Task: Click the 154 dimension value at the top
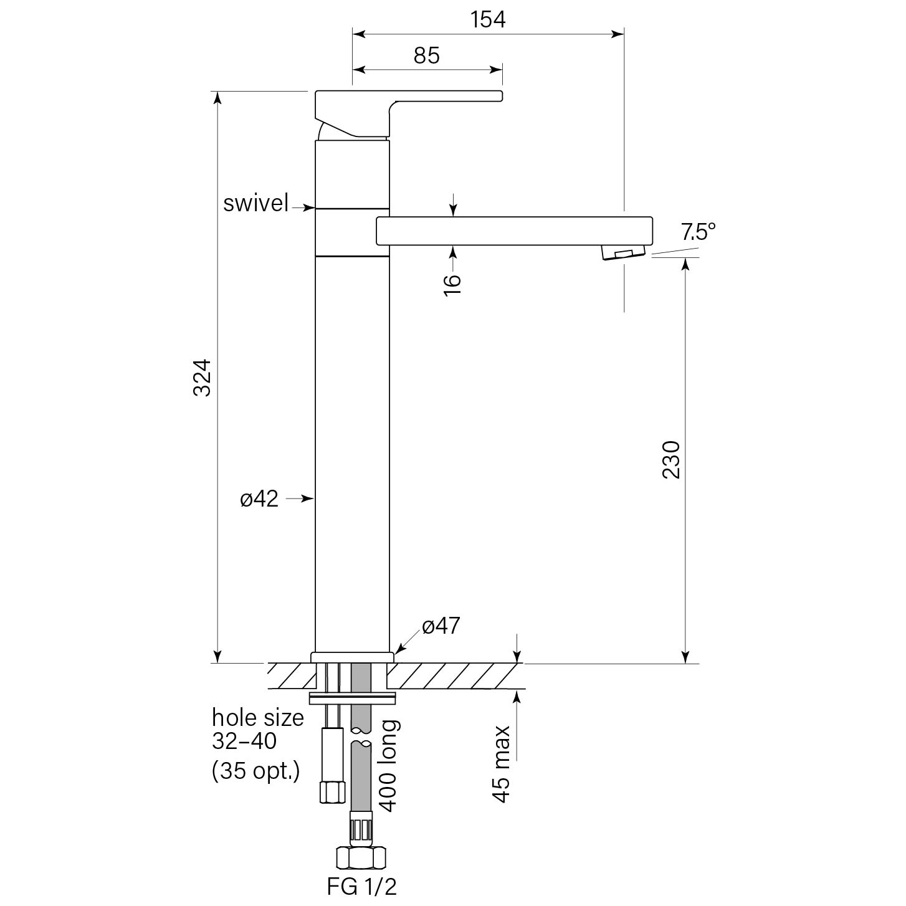pos(488,20)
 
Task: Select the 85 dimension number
pos(427,56)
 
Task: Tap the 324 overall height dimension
pos(203,377)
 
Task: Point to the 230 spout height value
pos(671,459)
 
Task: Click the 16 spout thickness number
pos(453,284)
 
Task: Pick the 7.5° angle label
pos(698,232)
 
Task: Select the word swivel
pos(256,203)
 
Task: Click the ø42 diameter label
pos(259,498)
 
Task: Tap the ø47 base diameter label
pos(441,626)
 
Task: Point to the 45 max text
pos(501,764)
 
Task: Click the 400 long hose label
pos(388,765)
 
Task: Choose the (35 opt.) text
pos(256,771)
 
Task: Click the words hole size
pos(258,718)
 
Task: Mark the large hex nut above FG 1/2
pos(361,858)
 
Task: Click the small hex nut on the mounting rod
pos(331,792)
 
